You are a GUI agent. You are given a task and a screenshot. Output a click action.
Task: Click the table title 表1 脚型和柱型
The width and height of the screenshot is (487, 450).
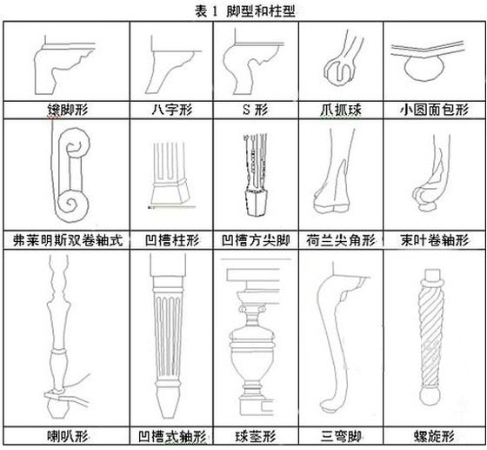click(x=245, y=11)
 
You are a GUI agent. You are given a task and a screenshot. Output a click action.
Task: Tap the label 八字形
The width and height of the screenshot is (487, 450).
click(x=172, y=110)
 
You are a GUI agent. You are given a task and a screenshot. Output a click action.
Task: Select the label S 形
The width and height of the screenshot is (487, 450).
click(x=255, y=110)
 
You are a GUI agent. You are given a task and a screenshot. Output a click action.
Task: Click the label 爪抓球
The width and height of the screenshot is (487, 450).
click(x=341, y=110)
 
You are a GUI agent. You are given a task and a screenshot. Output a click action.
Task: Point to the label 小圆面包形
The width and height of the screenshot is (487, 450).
click(x=434, y=110)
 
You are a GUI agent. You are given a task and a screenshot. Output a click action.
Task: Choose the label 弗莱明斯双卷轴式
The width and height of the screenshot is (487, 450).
click(x=68, y=240)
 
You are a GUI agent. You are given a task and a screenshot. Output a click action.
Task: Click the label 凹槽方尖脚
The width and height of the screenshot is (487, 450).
click(x=256, y=240)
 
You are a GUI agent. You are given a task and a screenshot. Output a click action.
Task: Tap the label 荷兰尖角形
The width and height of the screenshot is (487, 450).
click(x=341, y=240)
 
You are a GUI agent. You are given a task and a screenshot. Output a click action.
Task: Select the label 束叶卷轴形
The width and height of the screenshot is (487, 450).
click(x=435, y=240)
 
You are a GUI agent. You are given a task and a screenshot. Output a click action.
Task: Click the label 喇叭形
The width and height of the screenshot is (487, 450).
click(x=68, y=436)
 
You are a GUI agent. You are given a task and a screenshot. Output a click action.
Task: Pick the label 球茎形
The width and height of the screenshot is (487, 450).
click(x=256, y=436)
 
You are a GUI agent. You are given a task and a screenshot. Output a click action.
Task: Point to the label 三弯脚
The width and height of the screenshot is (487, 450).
click(x=341, y=436)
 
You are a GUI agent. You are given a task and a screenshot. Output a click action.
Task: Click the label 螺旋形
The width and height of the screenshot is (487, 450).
click(x=435, y=436)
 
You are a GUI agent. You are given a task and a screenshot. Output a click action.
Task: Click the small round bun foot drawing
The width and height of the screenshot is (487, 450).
click(x=424, y=69)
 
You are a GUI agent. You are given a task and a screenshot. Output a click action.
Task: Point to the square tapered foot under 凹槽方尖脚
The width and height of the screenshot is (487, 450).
click(x=257, y=203)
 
